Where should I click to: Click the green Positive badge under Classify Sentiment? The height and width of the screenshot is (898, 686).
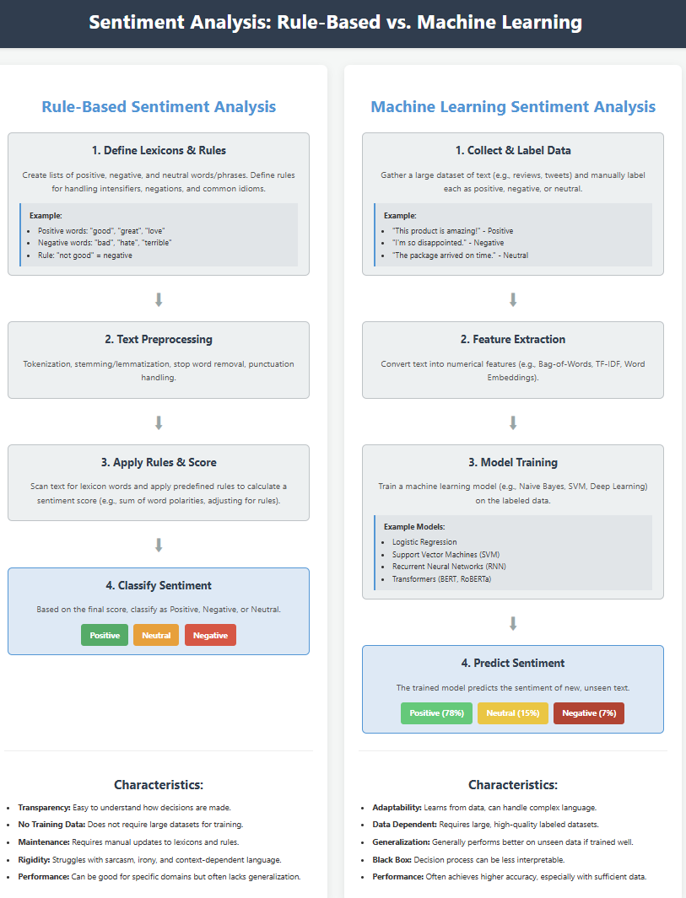point(105,635)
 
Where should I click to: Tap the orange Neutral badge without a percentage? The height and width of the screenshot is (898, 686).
point(156,635)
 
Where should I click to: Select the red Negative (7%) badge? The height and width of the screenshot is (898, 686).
point(589,713)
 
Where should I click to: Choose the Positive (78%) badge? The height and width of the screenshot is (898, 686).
point(436,713)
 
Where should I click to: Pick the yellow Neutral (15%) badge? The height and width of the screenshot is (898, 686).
point(512,713)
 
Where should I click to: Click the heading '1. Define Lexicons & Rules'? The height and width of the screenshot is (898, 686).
point(159,151)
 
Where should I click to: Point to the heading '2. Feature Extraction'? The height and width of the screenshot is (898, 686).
point(513,339)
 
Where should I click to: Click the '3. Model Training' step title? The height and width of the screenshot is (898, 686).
point(513,462)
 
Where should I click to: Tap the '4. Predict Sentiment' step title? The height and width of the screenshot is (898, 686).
point(513,664)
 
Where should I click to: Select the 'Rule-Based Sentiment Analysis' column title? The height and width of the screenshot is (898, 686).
point(159,106)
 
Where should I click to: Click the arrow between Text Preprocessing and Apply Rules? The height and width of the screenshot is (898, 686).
point(159,422)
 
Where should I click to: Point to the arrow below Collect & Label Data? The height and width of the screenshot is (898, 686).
point(513,299)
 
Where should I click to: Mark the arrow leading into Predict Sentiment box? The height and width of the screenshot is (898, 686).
point(513,624)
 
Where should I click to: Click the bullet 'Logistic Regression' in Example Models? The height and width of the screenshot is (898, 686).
point(424,542)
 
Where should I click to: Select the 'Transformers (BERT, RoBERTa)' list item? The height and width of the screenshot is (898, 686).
point(442,579)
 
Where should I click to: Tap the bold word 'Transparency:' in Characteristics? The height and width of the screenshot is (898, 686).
point(44,808)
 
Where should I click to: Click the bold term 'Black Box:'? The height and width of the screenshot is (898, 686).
point(392,859)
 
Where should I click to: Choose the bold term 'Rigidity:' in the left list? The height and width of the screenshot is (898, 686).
point(34,859)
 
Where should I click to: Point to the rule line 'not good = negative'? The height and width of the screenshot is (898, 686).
point(85,255)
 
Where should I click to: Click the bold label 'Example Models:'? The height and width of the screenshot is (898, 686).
point(414,527)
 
